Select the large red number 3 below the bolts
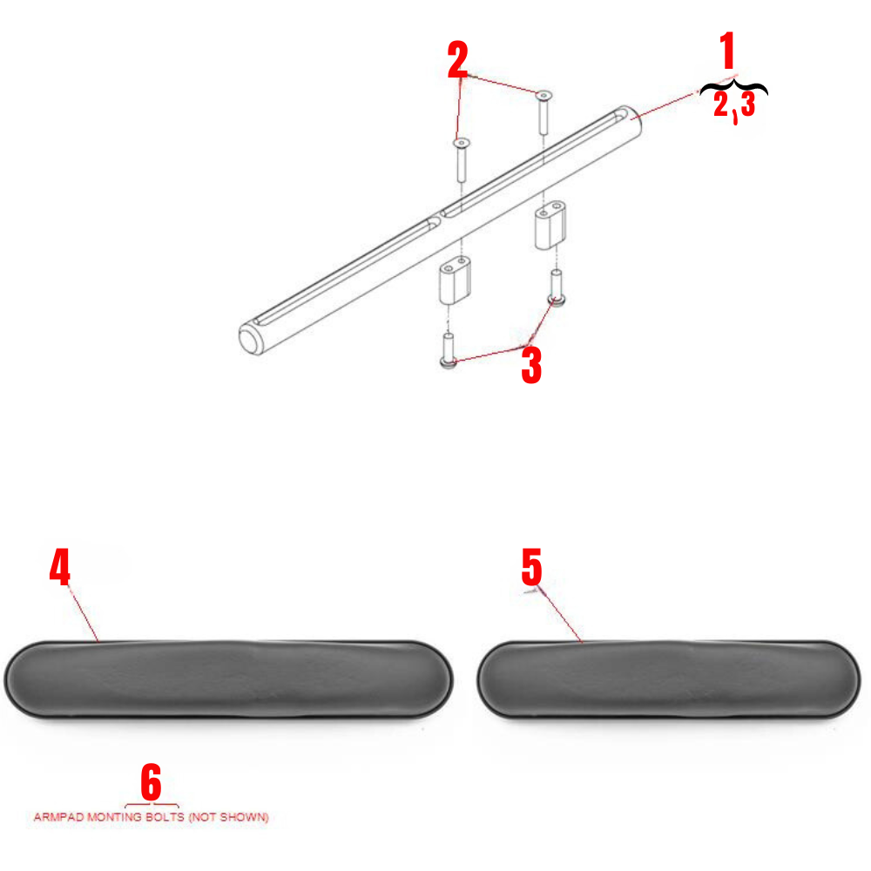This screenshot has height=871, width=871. [x=531, y=366]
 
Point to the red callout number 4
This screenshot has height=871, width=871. [x=59, y=570]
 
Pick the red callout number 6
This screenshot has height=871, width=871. [x=151, y=782]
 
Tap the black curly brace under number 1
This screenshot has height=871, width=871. [x=734, y=88]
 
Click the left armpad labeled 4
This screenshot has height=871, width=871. [x=229, y=679]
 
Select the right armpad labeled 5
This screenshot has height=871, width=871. [x=669, y=679]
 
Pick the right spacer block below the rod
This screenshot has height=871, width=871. [x=550, y=228]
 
